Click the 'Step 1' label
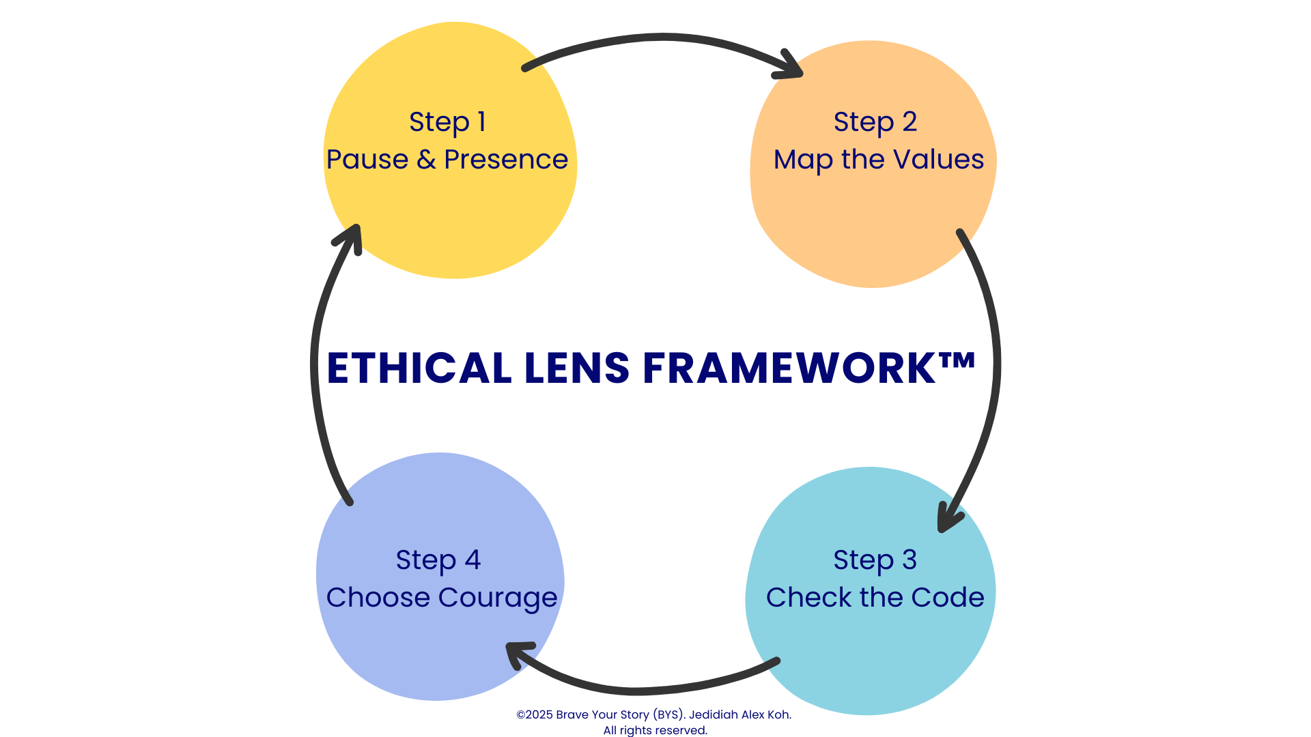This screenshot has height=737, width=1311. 447,122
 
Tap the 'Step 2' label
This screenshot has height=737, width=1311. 875,122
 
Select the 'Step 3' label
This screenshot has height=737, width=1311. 875,560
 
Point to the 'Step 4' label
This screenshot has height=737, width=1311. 438,560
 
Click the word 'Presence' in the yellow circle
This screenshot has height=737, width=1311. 506,160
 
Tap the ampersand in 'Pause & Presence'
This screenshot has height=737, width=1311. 426,160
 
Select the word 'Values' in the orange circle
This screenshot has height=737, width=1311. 939,160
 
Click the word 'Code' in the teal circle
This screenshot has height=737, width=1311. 948,598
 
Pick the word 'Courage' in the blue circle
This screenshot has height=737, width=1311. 498,598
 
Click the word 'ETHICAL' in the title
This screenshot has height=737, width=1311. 419,369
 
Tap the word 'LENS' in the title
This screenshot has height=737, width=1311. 577,369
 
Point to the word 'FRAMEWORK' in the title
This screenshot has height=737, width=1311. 789,369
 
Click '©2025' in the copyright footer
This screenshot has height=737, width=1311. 535,714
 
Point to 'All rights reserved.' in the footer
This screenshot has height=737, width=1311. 655,730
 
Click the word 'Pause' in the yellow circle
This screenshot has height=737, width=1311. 367,160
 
